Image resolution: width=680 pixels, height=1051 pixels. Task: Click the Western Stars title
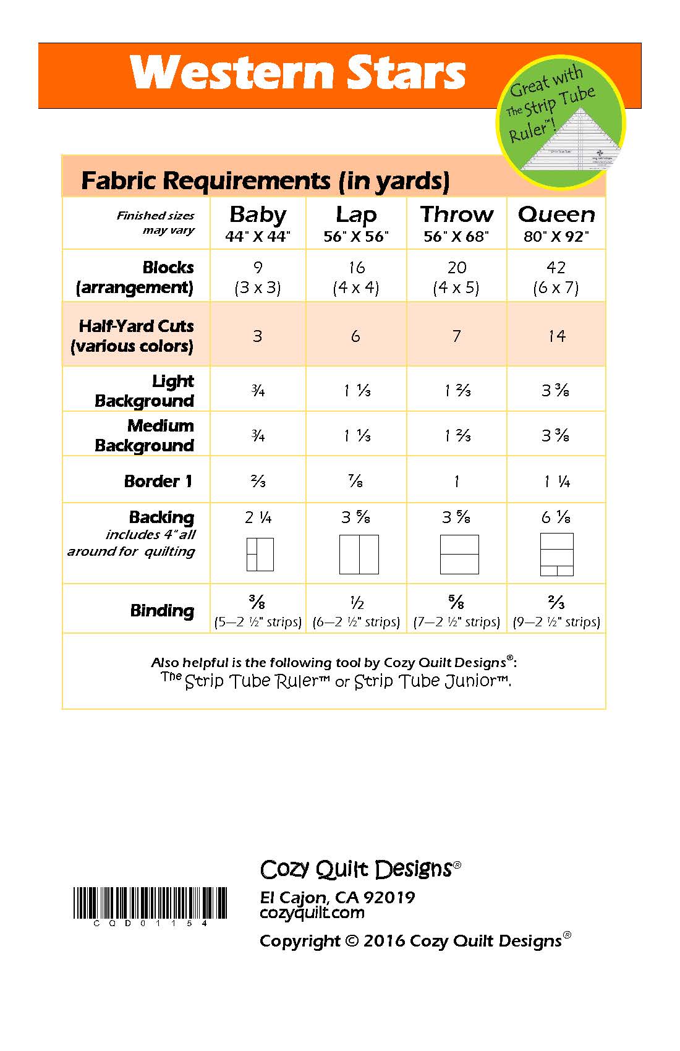pyautogui.click(x=297, y=74)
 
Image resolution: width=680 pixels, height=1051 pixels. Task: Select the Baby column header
pyautogui.click(x=258, y=215)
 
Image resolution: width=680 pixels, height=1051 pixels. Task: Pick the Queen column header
pyautogui.click(x=556, y=215)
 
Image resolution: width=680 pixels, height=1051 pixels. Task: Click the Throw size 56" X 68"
pyautogui.click(x=456, y=236)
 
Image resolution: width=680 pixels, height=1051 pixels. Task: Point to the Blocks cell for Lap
pyautogui.click(x=356, y=277)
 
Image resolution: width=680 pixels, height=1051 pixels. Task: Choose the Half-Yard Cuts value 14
pyautogui.click(x=556, y=336)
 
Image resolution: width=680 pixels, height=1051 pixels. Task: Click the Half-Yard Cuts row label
pyautogui.click(x=132, y=336)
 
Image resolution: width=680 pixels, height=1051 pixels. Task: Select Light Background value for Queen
pyautogui.click(x=556, y=391)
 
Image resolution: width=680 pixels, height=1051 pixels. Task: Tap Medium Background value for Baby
pyautogui.click(x=258, y=436)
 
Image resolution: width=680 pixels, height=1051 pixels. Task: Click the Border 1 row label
pyautogui.click(x=158, y=481)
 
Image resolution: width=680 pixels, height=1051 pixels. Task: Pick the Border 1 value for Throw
pyautogui.click(x=456, y=482)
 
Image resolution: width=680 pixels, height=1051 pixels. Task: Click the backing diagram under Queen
pyautogui.click(x=556, y=554)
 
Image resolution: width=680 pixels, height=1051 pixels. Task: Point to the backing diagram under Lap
pyautogui.click(x=359, y=555)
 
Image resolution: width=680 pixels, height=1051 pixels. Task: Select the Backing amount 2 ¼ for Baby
pyautogui.click(x=258, y=517)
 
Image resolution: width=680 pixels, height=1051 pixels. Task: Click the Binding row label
pyautogui.click(x=162, y=611)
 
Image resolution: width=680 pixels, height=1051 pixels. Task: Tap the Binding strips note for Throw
pyautogui.click(x=456, y=622)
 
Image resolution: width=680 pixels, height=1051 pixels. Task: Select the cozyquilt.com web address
pyautogui.click(x=312, y=913)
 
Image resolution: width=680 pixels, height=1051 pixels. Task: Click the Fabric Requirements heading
pyautogui.click(x=265, y=181)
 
